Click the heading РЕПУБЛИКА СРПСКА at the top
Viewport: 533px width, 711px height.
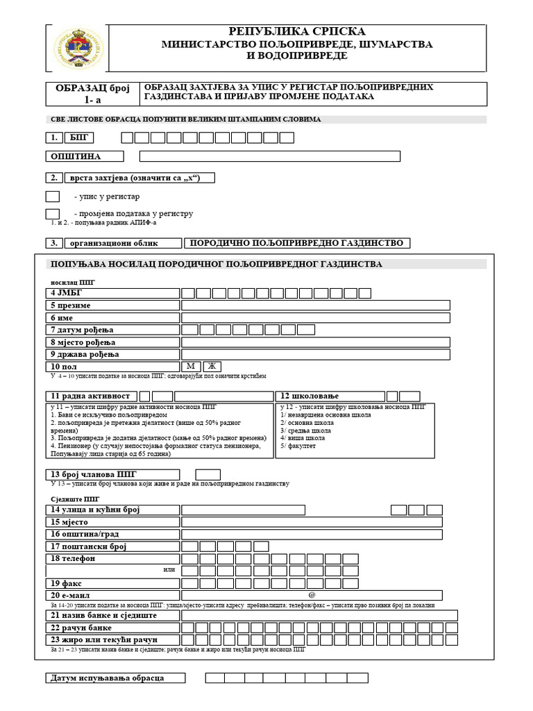coord(297,31)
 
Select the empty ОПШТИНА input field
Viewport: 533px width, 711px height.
coord(313,156)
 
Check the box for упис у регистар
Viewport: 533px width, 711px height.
coord(52,196)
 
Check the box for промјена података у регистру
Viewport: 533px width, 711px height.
coord(52,213)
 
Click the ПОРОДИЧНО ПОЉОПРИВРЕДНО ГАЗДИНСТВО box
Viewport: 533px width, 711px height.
coord(296,243)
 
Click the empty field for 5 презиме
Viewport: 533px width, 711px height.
coord(315,305)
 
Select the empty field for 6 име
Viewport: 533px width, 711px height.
coord(315,317)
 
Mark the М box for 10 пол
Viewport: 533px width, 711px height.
coord(191,366)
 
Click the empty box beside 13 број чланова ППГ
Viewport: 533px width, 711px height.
coord(208,474)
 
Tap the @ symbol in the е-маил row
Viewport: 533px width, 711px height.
coord(312,595)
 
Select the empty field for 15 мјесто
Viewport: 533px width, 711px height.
coord(312,522)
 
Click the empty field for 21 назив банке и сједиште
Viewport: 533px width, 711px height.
coord(319,615)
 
